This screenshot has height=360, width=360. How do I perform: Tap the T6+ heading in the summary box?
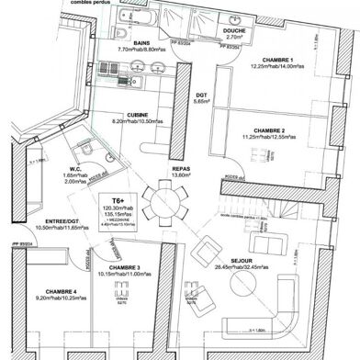(118, 199)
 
